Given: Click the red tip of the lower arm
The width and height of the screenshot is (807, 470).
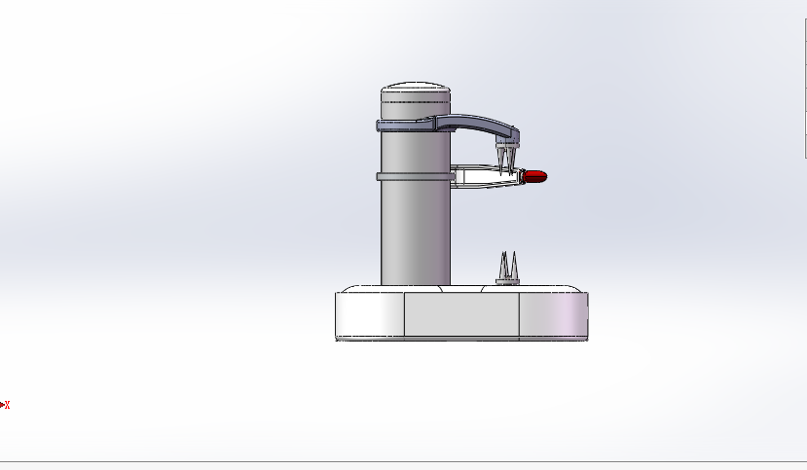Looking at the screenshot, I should pyautogui.click(x=536, y=176).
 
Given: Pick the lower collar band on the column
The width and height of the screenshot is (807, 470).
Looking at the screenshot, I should pyautogui.click(x=414, y=176).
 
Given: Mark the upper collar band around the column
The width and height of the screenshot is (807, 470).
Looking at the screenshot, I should pyautogui.click(x=404, y=126).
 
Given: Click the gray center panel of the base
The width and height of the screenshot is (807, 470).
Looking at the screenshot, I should pyautogui.click(x=461, y=314).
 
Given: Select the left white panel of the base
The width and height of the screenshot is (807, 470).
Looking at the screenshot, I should pyautogui.click(x=370, y=314).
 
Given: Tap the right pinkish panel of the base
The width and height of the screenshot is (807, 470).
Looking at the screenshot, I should pyautogui.click(x=553, y=314).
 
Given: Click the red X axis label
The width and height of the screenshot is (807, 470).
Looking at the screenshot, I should pyautogui.click(x=8, y=405).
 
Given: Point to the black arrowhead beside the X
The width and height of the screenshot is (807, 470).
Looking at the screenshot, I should pyautogui.click(x=2, y=405).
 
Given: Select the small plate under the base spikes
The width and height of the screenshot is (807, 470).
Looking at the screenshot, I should pyautogui.click(x=507, y=282).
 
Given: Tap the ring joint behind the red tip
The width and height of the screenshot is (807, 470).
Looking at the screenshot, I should pyautogui.click(x=522, y=176).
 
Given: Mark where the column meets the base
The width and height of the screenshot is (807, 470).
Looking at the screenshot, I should pyautogui.click(x=415, y=285).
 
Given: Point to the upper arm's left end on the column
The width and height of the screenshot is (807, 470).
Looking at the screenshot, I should pyautogui.click(x=382, y=126).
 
